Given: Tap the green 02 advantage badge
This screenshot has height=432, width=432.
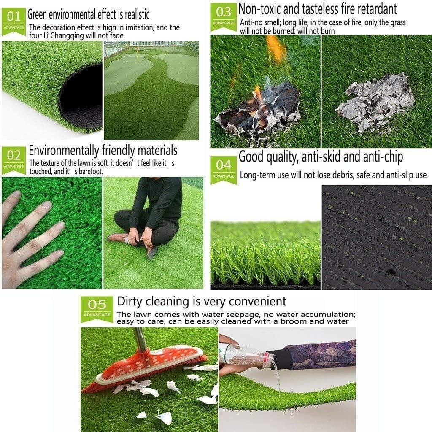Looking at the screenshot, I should pos(14,159).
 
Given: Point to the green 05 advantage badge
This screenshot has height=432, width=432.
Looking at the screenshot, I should pos(97,308).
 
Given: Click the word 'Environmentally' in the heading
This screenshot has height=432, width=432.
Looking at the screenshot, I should pos(64,150).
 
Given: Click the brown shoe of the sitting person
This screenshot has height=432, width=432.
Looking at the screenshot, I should pos(118,238).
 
